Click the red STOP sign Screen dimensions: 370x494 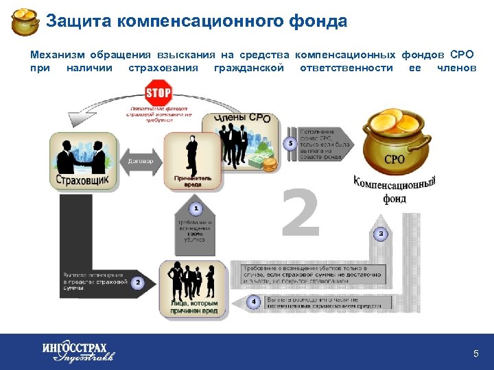click(158, 93)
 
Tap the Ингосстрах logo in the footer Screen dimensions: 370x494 click(77, 351)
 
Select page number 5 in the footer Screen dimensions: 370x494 click(475, 354)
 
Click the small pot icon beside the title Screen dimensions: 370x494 click(25, 22)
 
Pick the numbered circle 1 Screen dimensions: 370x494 click(196, 208)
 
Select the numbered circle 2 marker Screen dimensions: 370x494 click(137, 282)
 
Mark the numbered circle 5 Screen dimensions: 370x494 click(291, 143)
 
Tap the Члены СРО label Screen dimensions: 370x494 click(242, 119)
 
